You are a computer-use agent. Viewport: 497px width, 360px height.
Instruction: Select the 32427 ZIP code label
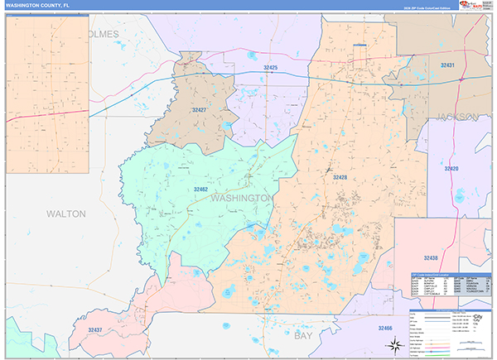[200, 109]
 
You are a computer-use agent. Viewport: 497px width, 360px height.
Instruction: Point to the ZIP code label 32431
[447, 65]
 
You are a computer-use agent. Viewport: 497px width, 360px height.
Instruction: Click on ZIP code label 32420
[451, 169]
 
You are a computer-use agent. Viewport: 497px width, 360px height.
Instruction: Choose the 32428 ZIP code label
[340, 177]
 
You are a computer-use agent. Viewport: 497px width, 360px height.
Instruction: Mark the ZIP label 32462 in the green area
[200, 190]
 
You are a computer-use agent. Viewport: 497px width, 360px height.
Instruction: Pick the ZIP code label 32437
[94, 329]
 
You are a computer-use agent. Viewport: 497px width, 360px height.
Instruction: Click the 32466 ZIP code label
[386, 329]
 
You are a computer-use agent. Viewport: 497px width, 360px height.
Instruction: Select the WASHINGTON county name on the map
[242, 199]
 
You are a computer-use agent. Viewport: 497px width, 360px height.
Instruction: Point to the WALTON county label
[65, 214]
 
